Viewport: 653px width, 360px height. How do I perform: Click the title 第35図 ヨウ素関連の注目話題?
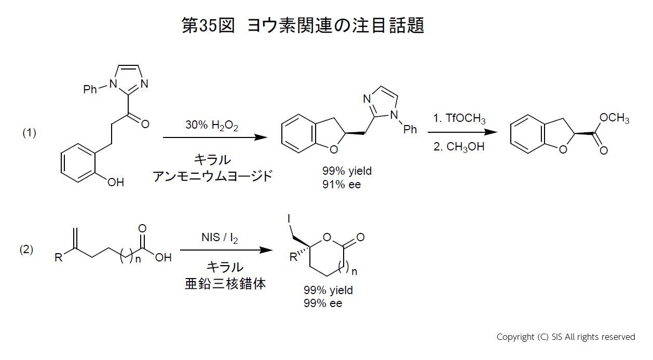coord(303,25)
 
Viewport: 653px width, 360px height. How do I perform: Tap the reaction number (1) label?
coord(29,133)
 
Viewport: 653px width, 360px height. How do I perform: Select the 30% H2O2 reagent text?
coord(212,126)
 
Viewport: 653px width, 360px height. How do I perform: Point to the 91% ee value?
coord(341,184)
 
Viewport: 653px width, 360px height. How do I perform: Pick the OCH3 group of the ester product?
coord(614,119)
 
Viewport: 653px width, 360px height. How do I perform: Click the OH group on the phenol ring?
coord(115,182)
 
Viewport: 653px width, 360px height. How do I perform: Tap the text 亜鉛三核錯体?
coord(225,284)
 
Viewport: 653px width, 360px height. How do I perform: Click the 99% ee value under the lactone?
coord(323,303)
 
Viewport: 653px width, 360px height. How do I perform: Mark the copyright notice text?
coord(566,337)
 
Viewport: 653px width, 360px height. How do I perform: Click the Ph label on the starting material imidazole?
coord(90,90)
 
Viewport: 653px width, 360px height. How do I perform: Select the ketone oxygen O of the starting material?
coord(145,124)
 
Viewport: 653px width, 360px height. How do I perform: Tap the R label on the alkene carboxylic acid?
coord(58,257)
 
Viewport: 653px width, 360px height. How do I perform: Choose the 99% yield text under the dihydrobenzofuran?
coord(347,171)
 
